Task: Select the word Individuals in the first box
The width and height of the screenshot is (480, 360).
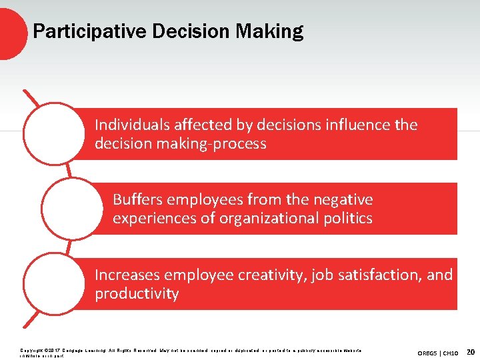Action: coord(131,125)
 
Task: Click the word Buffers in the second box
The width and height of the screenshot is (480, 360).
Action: coord(138,199)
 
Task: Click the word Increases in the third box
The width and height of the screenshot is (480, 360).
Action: coord(127,275)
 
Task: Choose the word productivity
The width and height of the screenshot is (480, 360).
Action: coord(137,293)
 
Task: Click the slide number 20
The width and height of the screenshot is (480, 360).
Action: coord(471,351)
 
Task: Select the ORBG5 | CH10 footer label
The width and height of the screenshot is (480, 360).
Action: coord(437,351)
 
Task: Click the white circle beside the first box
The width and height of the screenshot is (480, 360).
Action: coord(54,133)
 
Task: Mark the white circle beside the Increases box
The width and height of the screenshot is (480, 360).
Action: coord(54,284)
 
